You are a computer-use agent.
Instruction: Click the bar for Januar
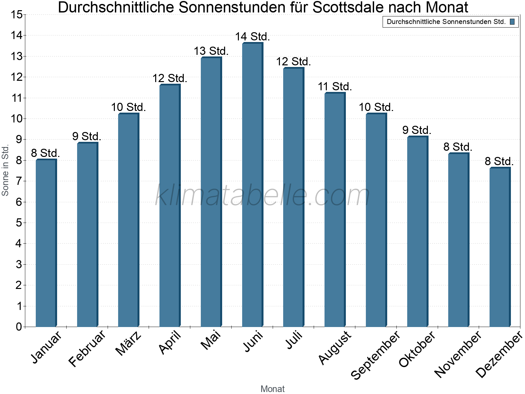click(46, 243)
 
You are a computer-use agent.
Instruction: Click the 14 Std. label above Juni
click(252, 37)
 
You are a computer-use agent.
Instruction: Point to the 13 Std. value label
click(211, 51)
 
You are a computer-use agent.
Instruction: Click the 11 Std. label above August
click(335, 87)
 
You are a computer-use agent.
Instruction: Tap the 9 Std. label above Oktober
click(417, 130)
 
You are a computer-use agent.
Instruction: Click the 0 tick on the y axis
click(19, 327)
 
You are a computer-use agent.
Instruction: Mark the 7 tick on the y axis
click(19, 181)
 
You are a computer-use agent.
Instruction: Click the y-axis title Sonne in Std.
click(5, 171)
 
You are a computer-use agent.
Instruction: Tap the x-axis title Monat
click(272, 389)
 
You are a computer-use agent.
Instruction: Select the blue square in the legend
click(512, 22)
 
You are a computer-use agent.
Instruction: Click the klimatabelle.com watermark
click(262, 195)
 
